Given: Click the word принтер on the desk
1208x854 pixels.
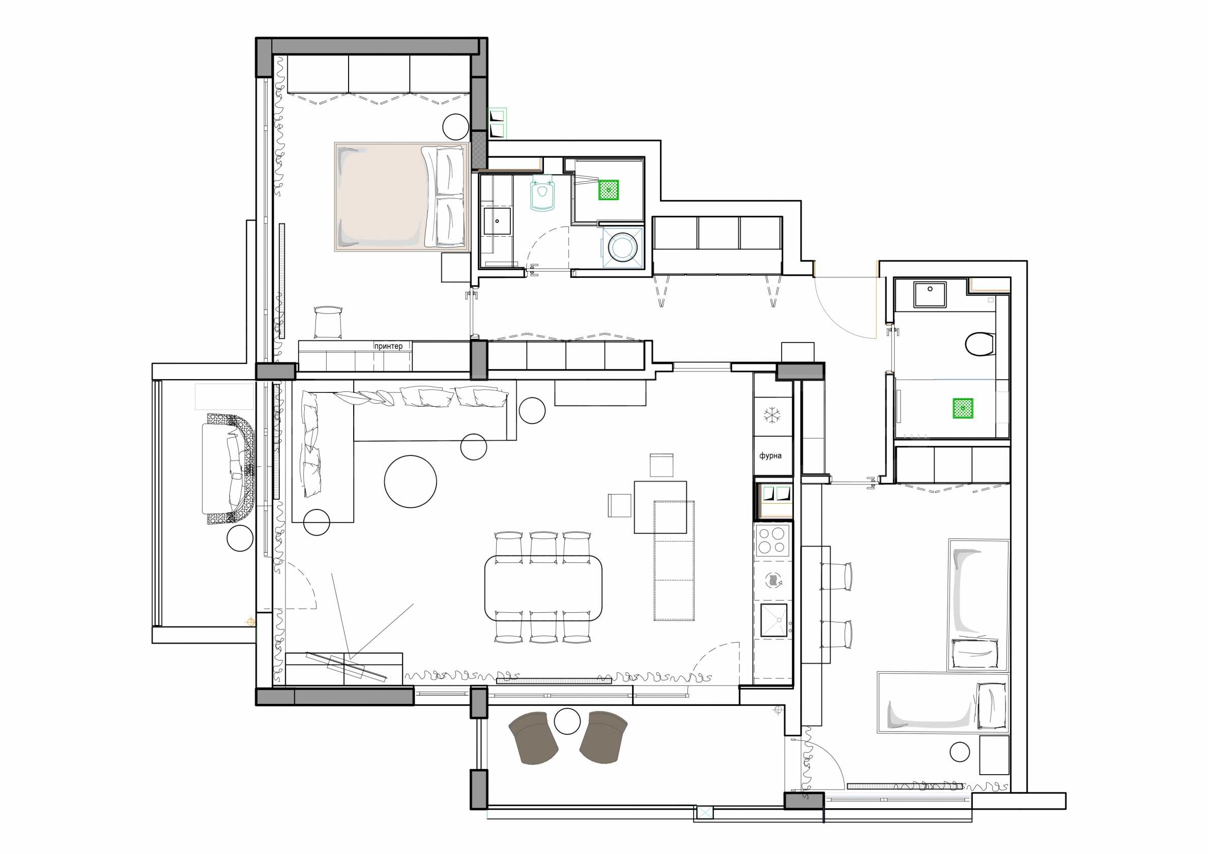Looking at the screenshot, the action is click(x=388, y=346).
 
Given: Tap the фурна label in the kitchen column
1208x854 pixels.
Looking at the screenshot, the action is click(x=770, y=456).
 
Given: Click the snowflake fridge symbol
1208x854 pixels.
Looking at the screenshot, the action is click(x=772, y=415).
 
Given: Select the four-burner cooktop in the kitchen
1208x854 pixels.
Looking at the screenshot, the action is click(x=772, y=540).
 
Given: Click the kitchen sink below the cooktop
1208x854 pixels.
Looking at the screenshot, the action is click(x=773, y=621).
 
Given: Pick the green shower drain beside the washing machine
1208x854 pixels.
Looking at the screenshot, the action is click(x=608, y=190).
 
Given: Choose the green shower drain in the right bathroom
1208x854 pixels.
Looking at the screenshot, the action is click(x=963, y=408).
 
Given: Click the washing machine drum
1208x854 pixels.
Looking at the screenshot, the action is click(x=622, y=247).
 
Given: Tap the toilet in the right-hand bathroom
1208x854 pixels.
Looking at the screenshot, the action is click(x=980, y=344).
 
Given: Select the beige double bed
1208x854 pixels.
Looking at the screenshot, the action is click(x=402, y=197).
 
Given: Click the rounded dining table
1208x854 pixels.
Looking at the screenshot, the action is click(x=543, y=588).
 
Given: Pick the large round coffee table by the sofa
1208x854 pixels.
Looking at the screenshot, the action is click(x=410, y=481).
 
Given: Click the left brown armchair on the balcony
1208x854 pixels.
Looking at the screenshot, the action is click(x=533, y=737).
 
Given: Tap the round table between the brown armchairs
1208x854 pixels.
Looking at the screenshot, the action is click(x=567, y=721).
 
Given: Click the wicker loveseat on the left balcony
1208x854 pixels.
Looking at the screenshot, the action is click(x=228, y=469).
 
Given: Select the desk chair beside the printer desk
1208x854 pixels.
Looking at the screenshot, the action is click(x=328, y=322).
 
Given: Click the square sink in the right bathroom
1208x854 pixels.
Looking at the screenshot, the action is click(x=930, y=294).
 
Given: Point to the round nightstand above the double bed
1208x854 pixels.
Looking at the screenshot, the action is click(x=455, y=127).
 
